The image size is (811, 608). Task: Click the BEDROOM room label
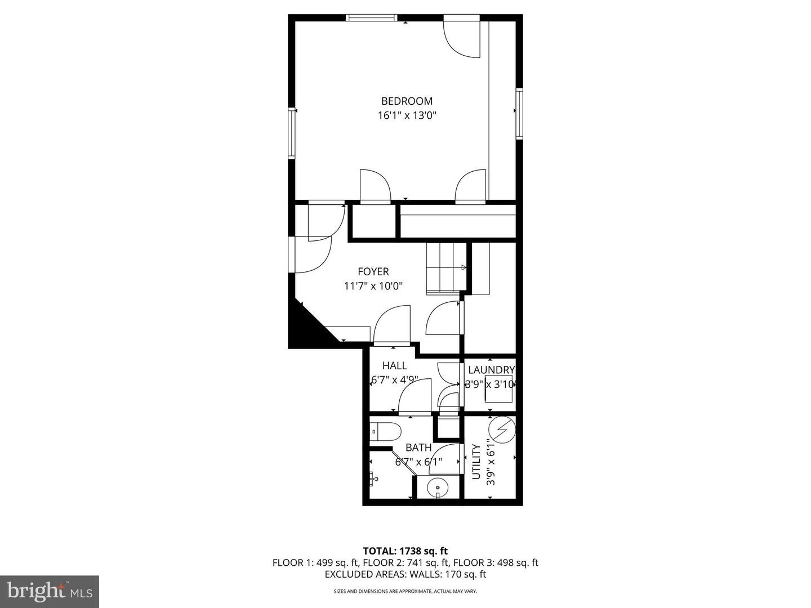[x=407, y=101]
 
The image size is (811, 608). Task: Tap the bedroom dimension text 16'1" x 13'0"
[x=407, y=116]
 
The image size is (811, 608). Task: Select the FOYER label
[x=373, y=272]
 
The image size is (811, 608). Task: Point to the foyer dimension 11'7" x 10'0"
[x=373, y=286]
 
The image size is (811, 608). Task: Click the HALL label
[x=394, y=366]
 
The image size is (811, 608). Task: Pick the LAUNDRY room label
[x=491, y=370]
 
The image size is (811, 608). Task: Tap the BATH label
[x=418, y=448]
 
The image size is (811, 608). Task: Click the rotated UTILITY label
[x=476, y=462]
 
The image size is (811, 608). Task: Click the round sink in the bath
[x=437, y=487]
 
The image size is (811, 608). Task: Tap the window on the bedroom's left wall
[x=292, y=133]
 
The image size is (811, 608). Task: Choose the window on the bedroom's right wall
[x=519, y=113]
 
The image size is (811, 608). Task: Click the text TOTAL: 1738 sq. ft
[x=405, y=551]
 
